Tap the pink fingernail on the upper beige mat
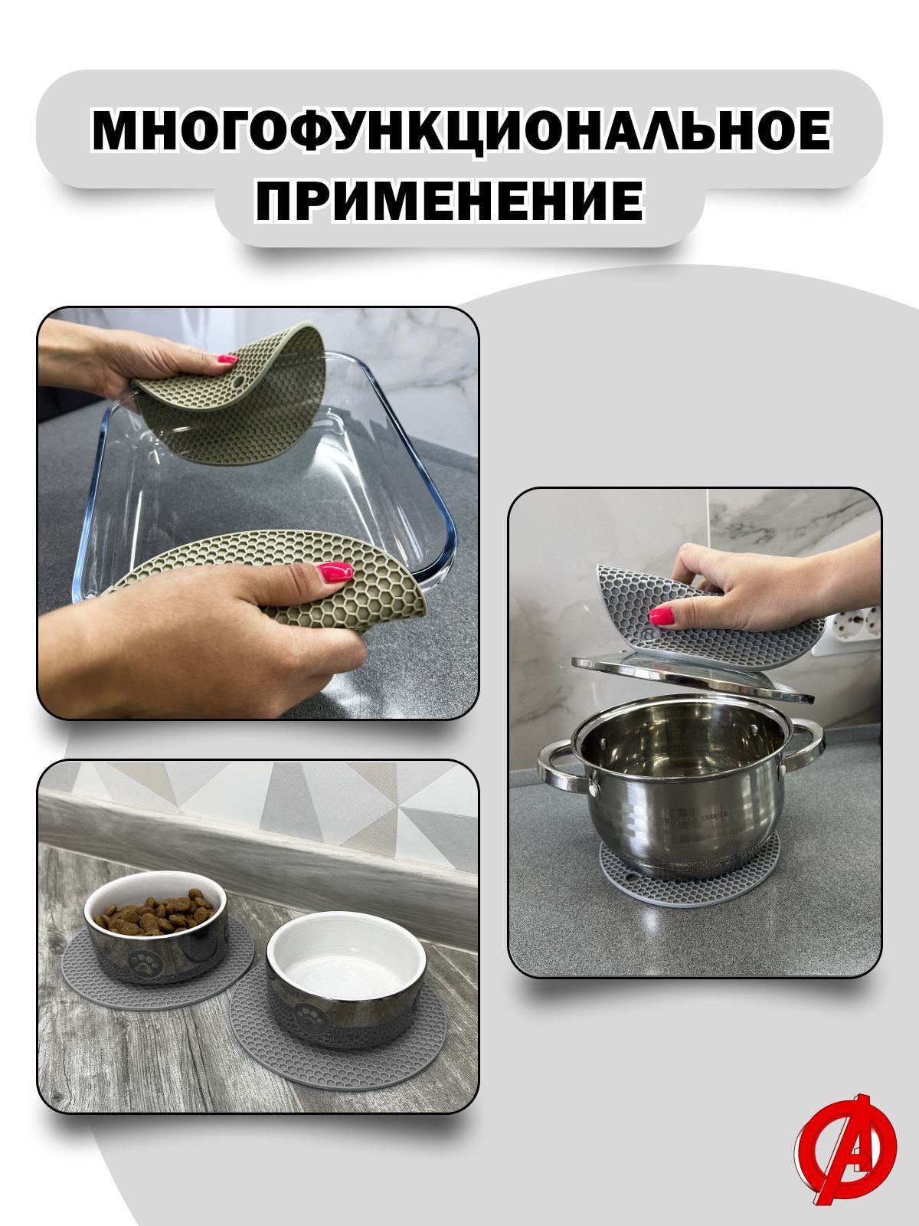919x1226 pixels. tap(227, 357)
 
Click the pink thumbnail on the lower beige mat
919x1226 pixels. tap(336, 571)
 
